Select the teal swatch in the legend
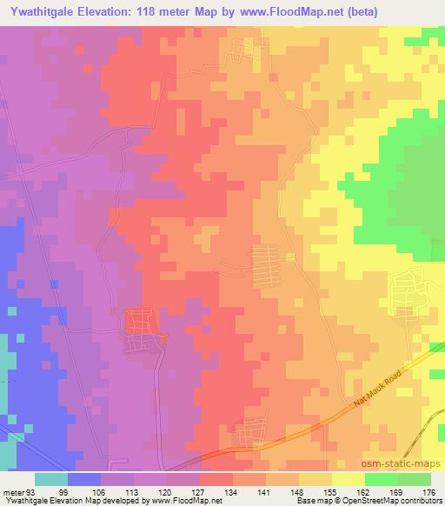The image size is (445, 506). click(51, 479)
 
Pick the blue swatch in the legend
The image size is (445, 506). click(84, 479)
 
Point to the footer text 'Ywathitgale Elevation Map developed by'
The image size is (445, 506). click(68, 500)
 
